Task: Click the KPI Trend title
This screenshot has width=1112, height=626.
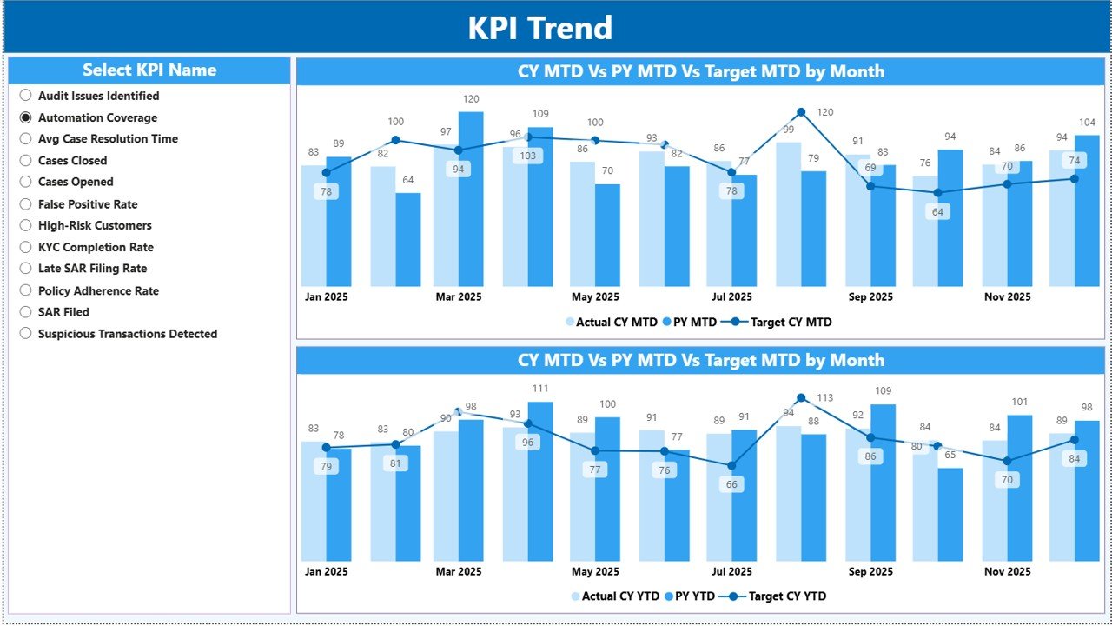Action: (x=539, y=28)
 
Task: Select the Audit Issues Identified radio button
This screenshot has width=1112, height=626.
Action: (x=26, y=96)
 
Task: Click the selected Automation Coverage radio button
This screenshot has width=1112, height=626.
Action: (x=26, y=117)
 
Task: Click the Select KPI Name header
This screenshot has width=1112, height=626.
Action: (x=149, y=70)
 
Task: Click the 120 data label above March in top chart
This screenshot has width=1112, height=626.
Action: (x=470, y=99)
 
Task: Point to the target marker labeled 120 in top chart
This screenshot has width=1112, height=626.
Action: (x=800, y=112)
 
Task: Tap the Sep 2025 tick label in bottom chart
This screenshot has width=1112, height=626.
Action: (x=870, y=571)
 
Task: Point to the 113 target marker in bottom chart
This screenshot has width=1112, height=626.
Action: (x=800, y=398)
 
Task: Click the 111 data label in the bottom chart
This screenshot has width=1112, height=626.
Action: (x=539, y=389)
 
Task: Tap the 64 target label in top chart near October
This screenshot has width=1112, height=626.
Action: (x=937, y=211)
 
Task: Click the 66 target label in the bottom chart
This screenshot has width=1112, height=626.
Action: (x=731, y=484)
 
